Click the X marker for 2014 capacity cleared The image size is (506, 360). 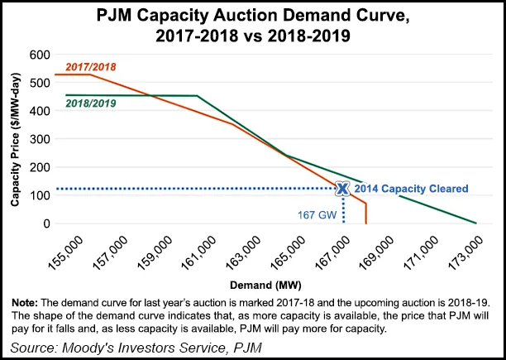[x=342, y=189]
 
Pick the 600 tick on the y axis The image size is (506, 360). [x=39, y=54]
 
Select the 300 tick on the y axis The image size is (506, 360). [x=39, y=138]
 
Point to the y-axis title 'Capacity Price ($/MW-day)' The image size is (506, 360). [x=16, y=138]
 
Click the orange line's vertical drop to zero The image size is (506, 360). [x=365, y=214]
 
